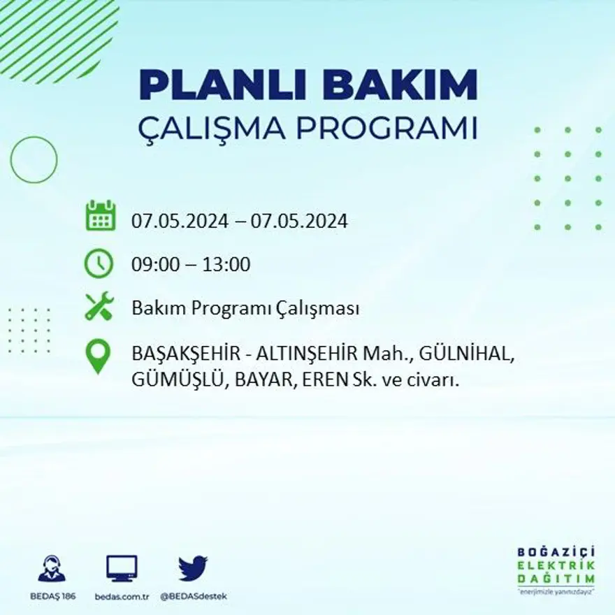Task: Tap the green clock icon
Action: tap(99, 263)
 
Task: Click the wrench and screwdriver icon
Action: tap(99, 306)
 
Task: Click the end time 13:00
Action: tap(226, 265)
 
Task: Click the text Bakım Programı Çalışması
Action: tap(245, 308)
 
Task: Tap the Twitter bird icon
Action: tap(192, 568)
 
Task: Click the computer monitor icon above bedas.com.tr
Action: tap(122, 568)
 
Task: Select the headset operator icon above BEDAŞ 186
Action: tap(52, 569)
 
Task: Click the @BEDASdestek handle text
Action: tap(194, 596)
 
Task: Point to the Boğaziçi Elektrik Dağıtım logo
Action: tap(556, 570)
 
